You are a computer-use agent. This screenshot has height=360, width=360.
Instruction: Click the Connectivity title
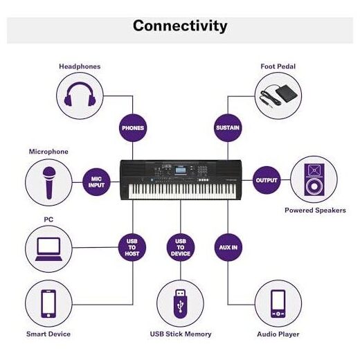point(180,26)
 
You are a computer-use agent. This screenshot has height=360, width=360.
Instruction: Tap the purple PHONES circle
point(133,128)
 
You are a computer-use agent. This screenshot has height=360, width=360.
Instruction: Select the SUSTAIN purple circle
point(228,128)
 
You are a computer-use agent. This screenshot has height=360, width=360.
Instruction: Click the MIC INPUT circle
point(96,182)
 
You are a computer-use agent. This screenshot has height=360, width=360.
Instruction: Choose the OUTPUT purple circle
point(267,180)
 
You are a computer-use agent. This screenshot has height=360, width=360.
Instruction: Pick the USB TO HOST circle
point(132,247)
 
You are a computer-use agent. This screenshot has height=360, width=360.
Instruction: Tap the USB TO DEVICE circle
point(181,247)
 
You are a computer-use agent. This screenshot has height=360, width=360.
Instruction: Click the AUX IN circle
point(228,247)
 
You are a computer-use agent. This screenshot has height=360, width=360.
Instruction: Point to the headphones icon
point(80,94)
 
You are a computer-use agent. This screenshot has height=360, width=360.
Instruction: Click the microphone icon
point(49,183)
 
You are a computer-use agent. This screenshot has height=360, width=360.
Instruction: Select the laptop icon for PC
point(48,249)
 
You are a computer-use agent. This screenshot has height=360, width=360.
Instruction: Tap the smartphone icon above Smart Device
point(48,304)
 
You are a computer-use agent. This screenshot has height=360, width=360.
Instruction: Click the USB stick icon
point(181,304)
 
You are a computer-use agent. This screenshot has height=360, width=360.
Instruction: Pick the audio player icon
point(278,304)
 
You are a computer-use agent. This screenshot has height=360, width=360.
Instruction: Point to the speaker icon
point(314,179)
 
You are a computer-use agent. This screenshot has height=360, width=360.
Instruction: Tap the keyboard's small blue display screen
point(181,170)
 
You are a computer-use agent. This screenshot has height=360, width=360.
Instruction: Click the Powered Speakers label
point(315,210)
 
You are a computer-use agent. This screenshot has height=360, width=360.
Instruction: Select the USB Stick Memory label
point(181,334)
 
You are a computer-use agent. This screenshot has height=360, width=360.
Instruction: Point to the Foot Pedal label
point(278,66)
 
